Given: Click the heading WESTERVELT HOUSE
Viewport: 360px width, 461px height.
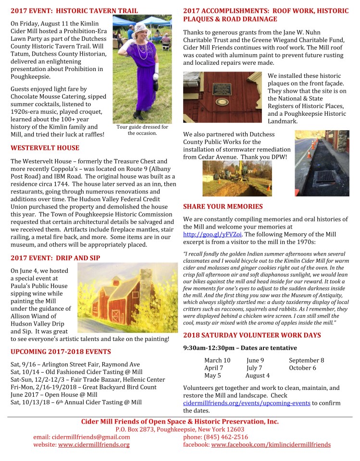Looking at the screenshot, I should pos(45,148).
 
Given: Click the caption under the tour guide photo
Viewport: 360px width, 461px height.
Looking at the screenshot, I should pos(142,130).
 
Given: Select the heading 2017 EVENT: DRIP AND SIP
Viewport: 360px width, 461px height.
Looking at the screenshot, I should pos(55,258).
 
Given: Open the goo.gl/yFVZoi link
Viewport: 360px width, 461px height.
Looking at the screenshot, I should pos(212,234).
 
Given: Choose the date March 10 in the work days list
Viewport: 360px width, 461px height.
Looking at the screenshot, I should pos(217,360).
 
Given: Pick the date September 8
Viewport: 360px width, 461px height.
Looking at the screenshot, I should pos(306,360).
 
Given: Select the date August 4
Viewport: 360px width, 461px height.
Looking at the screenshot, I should pos(257,376).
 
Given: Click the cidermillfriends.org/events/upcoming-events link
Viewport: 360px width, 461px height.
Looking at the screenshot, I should pos(247,403).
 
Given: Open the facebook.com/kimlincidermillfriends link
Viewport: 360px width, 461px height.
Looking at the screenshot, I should pos(271,445).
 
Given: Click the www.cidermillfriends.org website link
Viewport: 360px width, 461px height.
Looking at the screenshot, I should pos(94,445).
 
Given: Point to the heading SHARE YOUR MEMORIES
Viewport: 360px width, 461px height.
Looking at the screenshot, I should pos(223,206).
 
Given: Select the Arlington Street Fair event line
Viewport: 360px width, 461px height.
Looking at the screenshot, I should pos(75,364).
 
